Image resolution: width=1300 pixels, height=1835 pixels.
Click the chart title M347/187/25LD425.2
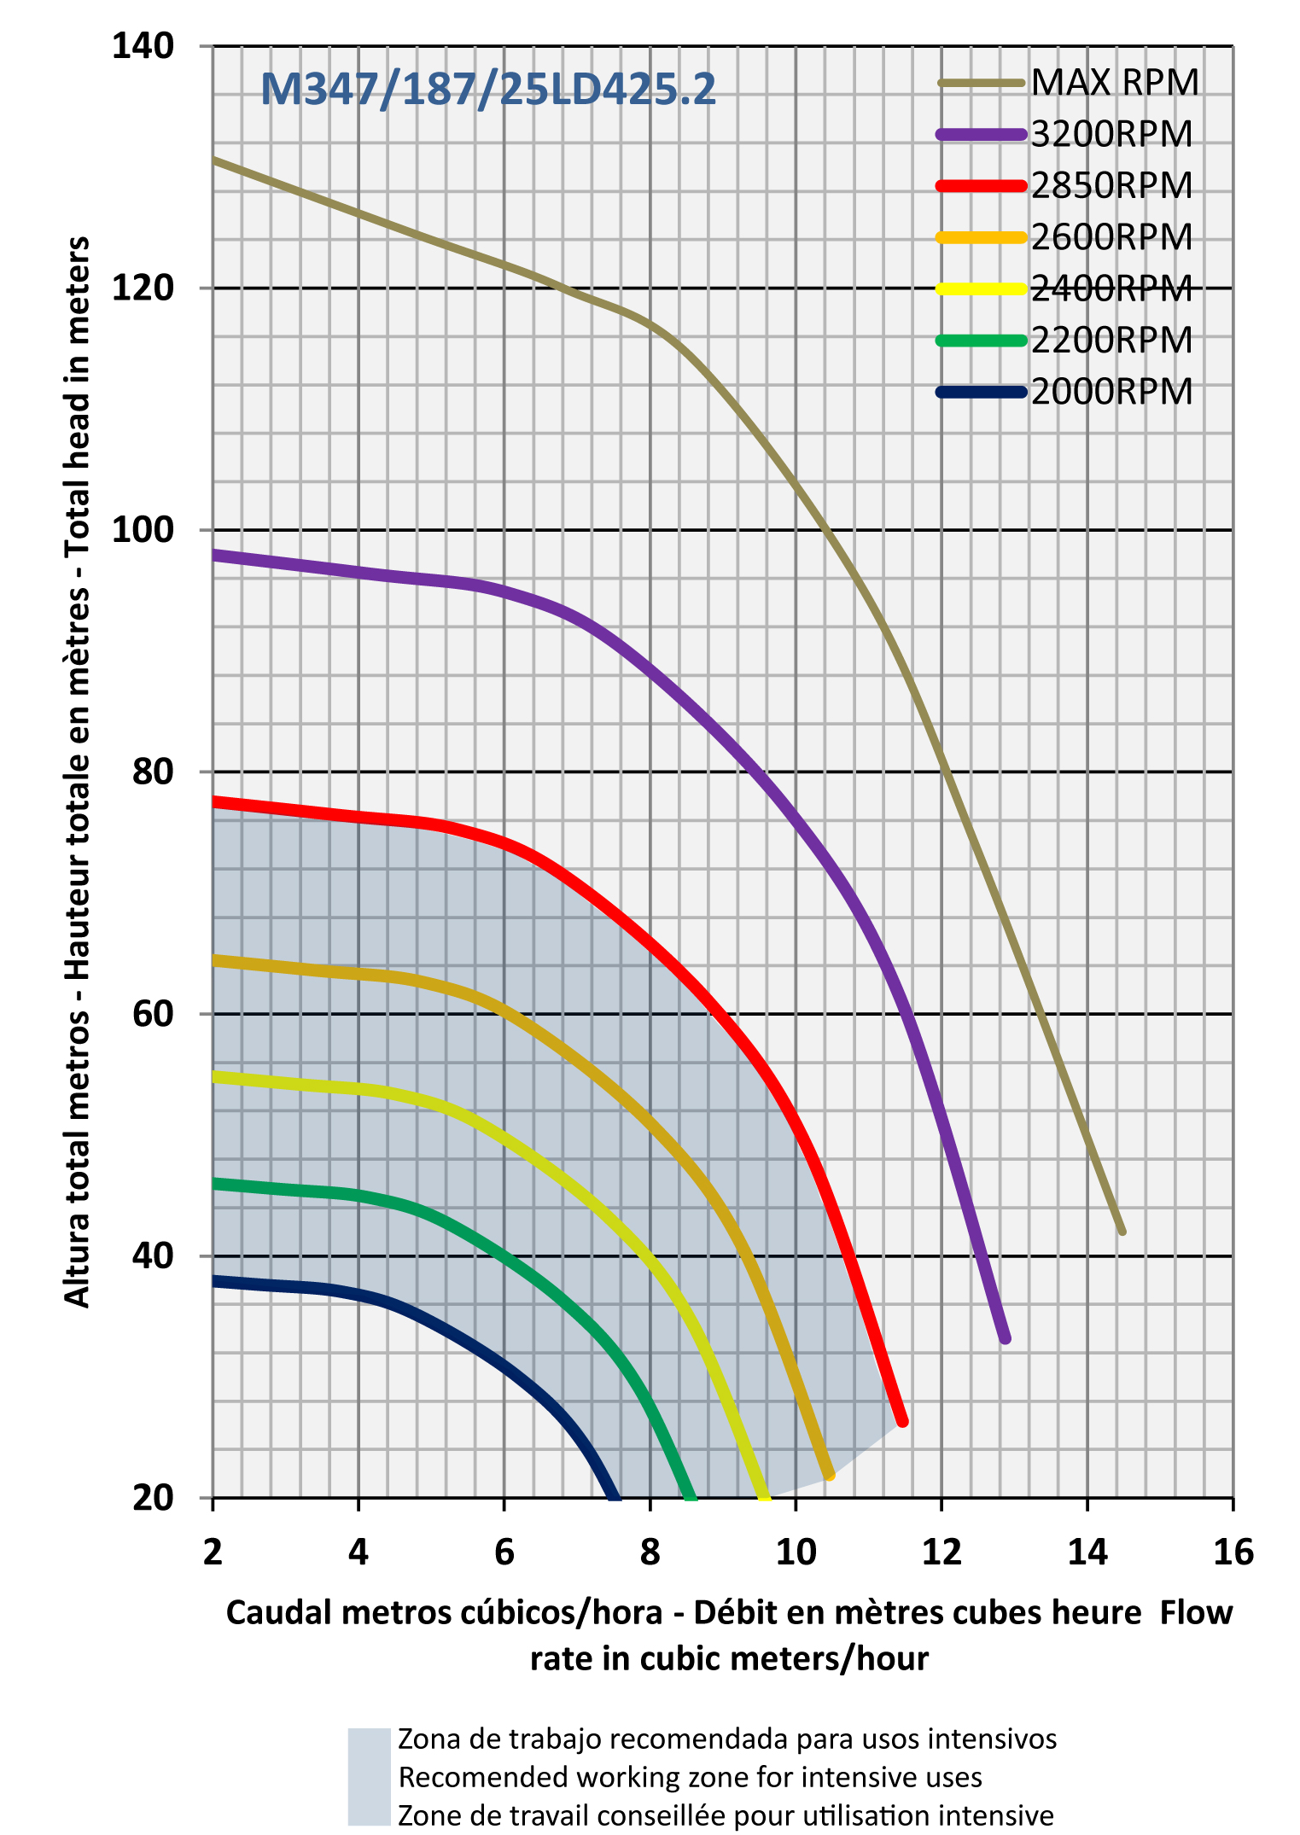[487, 90]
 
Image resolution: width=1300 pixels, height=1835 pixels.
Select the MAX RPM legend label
[1115, 83]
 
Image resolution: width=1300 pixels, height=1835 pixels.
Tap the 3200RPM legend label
[1111, 135]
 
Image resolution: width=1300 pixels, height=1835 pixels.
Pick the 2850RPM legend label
[1111, 186]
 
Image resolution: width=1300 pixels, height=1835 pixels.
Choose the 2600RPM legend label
[1111, 237]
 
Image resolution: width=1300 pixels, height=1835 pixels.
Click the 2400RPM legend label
[1111, 289]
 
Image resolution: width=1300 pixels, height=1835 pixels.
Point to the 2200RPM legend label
[1111, 341]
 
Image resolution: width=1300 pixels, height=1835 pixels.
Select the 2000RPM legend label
[1111, 393]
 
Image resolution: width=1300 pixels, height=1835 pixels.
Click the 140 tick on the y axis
[143, 45]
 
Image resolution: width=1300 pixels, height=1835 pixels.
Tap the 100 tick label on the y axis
[143, 530]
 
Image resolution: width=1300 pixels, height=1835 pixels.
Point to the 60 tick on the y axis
[153, 1014]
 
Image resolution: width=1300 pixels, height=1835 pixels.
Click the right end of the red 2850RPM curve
[902, 1421]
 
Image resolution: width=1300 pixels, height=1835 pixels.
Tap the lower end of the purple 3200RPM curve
[1005, 1338]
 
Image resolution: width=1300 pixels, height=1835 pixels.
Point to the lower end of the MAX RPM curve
[1122, 1231]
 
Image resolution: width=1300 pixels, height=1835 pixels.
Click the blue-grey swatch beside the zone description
[369, 1777]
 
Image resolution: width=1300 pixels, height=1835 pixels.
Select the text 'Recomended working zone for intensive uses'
[690, 1777]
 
